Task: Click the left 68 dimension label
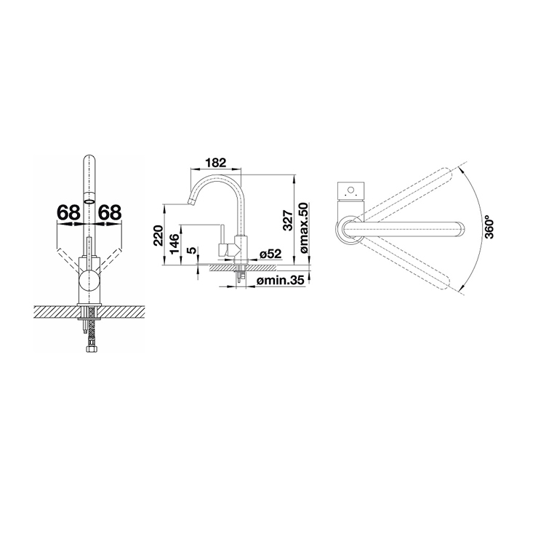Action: (x=68, y=212)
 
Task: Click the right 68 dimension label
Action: (x=110, y=212)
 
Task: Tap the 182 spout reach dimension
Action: (x=217, y=162)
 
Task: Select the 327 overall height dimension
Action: (x=287, y=220)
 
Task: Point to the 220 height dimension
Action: (x=158, y=236)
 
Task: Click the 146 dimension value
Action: (x=174, y=244)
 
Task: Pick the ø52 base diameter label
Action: (x=270, y=254)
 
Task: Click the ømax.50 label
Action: (x=304, y=228)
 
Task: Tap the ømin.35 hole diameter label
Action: (x=281, y=281)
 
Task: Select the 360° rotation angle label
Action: (x=489, y=227)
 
